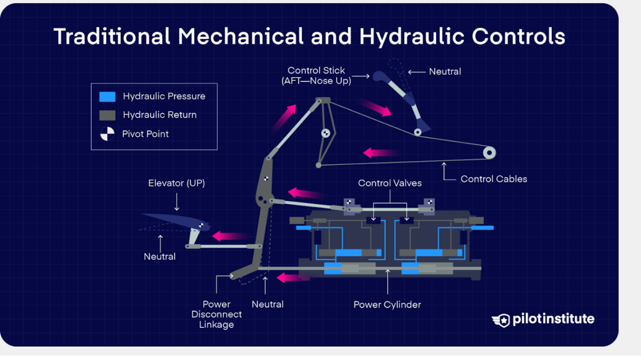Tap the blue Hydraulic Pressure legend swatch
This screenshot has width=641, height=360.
[107, 96]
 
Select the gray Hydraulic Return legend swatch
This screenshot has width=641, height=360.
[107, 115]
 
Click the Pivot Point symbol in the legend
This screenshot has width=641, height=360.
[107, 134]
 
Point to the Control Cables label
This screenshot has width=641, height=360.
[494, 179]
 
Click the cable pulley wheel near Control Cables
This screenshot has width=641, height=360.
[489, 153]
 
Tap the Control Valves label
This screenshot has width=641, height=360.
[390, 183]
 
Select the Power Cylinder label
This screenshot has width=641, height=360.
[387, 305]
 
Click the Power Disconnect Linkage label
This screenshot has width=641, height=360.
[217, 314]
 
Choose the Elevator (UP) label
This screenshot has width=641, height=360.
[177, 183]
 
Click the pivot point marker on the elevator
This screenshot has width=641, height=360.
[201, 226]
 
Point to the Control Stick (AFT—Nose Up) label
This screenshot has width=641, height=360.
[316, 76]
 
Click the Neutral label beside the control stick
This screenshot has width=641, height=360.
[445, 71]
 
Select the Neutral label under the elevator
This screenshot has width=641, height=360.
[160, 257]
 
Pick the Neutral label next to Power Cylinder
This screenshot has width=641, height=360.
[268, 304]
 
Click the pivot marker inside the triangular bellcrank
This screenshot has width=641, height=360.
[325, 133]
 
